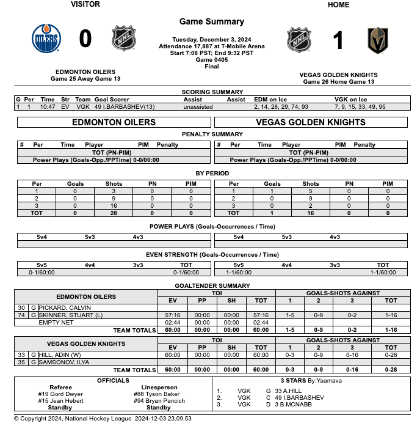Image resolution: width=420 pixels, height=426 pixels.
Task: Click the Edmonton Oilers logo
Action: [46, 39]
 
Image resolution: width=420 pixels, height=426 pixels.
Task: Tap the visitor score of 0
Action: [85, 39]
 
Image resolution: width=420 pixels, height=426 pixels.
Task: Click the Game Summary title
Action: [212, 22]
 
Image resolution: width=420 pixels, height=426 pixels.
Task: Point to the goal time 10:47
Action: [48, 106]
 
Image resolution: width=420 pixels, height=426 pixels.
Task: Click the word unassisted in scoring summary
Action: [198, 106]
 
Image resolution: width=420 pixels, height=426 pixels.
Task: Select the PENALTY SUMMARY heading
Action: [212, 134]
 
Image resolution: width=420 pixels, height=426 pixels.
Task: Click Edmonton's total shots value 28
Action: [114, 213]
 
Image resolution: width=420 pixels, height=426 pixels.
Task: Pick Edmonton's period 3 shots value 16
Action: [114, 206]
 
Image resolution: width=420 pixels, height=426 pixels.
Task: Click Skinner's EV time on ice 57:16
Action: [173, 315]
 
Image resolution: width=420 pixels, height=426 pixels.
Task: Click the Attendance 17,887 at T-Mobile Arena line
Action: [212, 46]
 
